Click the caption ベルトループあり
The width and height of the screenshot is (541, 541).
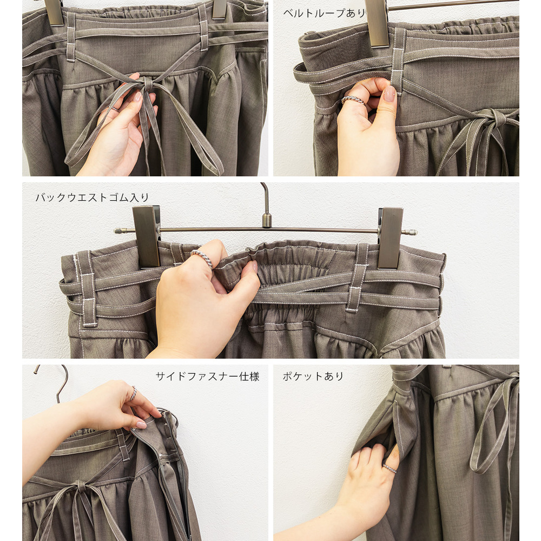(324, 13)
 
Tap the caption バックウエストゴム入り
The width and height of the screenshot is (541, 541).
(92, 197)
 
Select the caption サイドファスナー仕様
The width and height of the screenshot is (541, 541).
(207, 376)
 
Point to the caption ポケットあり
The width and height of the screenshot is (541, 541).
(313, 376)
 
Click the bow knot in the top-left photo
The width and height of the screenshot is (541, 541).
(147, 83)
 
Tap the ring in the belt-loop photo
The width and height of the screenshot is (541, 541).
(353, 100)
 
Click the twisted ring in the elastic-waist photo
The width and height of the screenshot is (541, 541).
(202, 258)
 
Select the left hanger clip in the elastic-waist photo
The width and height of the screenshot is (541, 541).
(147, 236)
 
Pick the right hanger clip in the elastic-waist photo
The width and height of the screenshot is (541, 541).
(390, 237)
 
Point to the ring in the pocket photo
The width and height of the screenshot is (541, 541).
(389, 468)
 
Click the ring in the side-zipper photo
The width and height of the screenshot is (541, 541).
(133, 394)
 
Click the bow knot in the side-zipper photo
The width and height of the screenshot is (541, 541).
(82, 486)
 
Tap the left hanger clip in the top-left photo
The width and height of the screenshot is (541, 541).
(54, 12)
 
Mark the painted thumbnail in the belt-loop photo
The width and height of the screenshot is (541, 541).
(390, 94)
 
